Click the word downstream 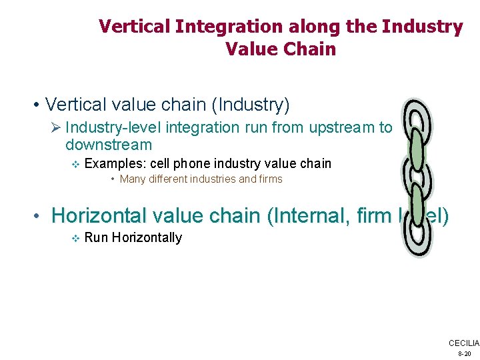point(109,145)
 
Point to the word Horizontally point(147,237)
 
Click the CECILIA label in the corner point(463,343)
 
